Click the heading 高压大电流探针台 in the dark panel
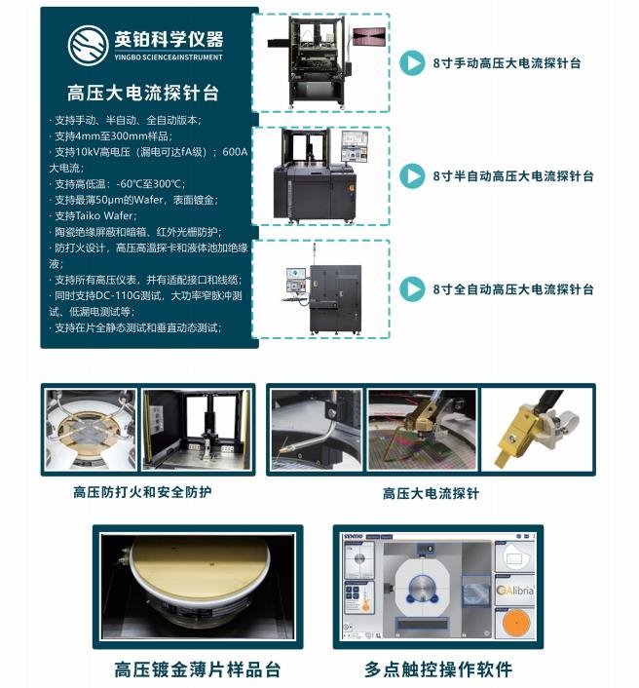[x=143, y=94]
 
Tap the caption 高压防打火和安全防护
[x=142, y=492]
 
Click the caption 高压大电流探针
[x=431, y=493]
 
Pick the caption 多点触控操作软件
[x=438, y=669]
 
